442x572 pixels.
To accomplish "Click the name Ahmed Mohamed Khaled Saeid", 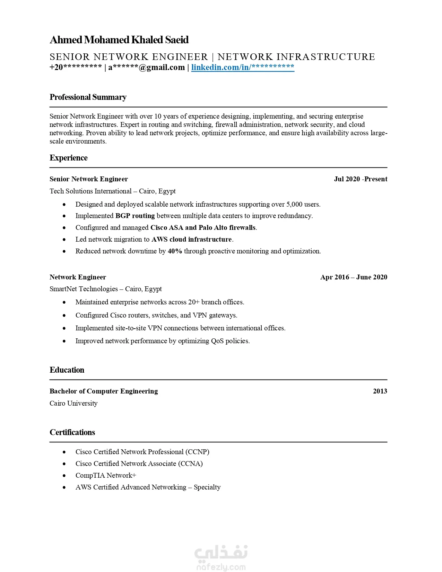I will point(119,40).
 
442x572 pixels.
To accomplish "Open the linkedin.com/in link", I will point(243,67).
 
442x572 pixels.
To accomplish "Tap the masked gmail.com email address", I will point(147,67).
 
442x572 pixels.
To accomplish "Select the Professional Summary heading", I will point(88,97).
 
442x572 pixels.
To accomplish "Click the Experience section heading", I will point(69,158).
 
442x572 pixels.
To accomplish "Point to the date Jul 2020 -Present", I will point(361,179).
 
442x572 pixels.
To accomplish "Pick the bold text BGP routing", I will point(135,216).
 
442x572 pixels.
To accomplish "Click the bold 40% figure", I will point(175,251).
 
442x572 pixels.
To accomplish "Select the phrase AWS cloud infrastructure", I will point(192,239).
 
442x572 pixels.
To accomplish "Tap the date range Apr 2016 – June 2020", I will point(354,277).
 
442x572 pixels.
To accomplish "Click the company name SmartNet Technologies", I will point(84,289).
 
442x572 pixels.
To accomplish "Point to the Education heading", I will point(67,370).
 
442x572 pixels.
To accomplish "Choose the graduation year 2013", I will point(380,391).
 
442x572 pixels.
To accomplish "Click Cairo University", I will point(73,403).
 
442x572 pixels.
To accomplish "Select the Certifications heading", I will point(72,432).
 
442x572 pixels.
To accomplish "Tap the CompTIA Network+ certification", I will point(106,475).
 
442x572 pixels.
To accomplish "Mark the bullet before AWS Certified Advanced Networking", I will point(64,487).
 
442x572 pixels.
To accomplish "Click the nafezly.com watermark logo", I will point(221,558).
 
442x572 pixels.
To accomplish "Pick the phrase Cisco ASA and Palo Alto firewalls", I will point(203,227).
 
